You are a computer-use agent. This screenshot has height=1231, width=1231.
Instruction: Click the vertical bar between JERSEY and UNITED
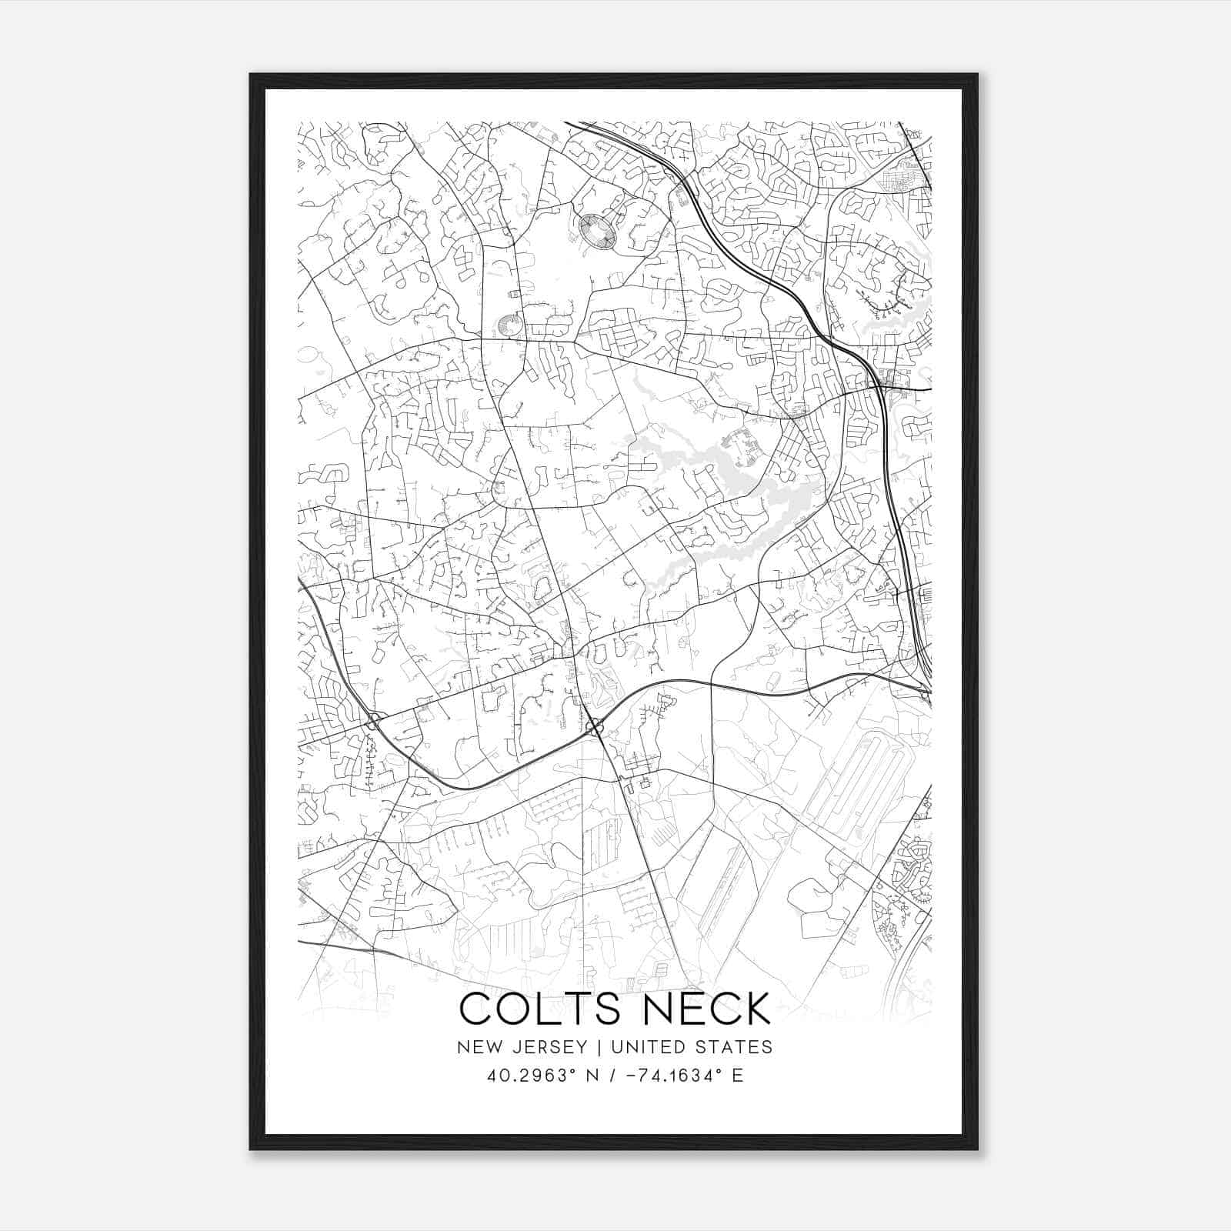pos(591,1047)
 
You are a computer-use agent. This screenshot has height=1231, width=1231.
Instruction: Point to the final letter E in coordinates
pos(737,1076)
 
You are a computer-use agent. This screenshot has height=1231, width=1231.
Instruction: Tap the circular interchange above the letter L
pos(594,726)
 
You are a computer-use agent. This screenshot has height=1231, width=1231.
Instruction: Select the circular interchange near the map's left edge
pos(374,722)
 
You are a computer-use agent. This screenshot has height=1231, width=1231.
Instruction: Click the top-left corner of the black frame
pos(252,75)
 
